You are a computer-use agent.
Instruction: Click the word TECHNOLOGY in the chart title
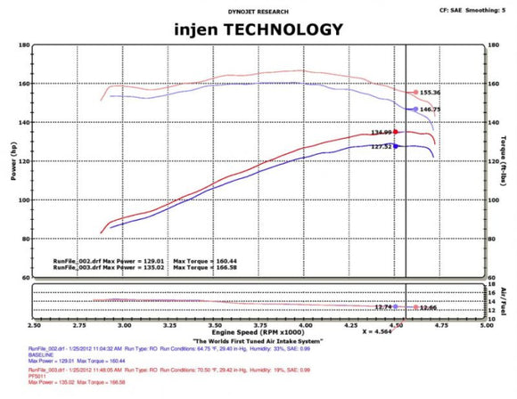click(284, 29)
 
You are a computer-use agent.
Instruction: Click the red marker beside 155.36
click(414, 93)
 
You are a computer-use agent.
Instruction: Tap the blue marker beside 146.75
click(414, 110)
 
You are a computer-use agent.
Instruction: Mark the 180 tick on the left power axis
click(24, 45)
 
